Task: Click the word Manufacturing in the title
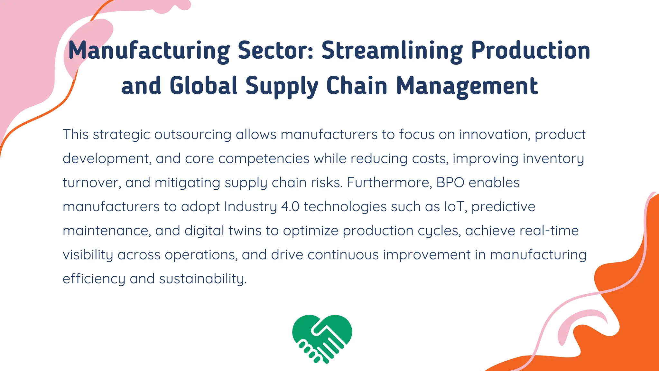[149, 51]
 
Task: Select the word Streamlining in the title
[392, 51]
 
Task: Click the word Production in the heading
[531, 51]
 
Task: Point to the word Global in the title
[203, 86]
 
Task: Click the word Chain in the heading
[357, 86]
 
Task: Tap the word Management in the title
[467, 86]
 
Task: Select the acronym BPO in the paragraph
[450, 183]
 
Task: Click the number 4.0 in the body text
[290, 207]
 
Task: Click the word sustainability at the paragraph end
[203, 279]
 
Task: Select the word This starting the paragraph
[76, 135]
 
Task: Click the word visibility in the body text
[88, 255]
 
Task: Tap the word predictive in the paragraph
[503, 207]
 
